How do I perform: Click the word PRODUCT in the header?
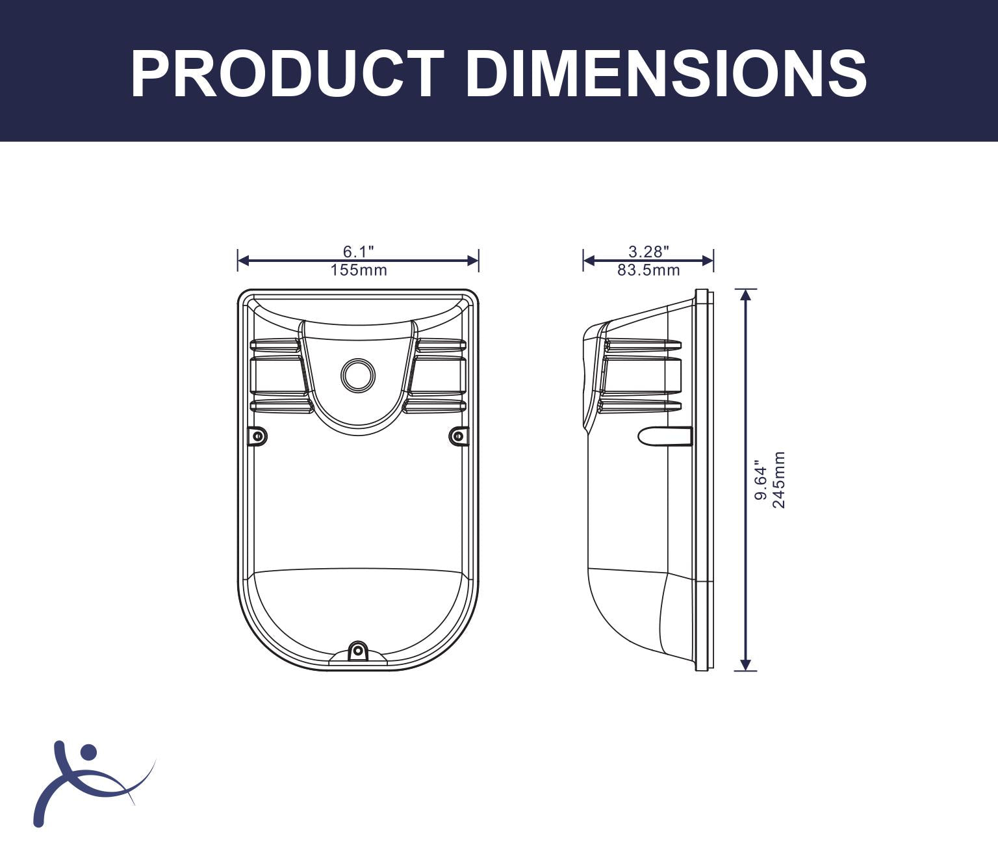(x=287, y=75)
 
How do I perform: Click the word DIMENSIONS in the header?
(x=666, y=75)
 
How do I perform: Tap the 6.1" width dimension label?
(x=358, y=252)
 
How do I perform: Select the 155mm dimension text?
(x=358, y=270)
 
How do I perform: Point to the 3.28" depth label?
(x=648, y=252)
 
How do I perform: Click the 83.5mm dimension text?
(x=648, y=270)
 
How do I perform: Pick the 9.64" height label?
(x=761, y=480)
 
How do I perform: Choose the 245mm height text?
(x=779, y=480)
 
